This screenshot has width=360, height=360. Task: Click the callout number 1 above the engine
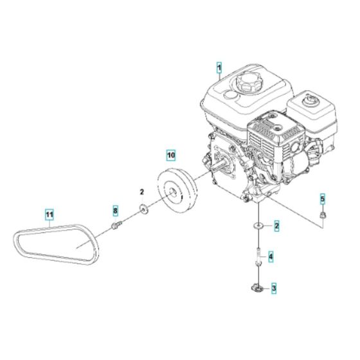coord(219,67)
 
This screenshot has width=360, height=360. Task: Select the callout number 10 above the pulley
coord(170,155)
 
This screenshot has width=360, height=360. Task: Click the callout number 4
coord(271,257)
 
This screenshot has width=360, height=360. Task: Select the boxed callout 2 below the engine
coord(276,226)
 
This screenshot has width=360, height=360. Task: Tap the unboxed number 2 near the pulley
coord(142,192)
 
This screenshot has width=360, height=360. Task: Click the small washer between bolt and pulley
coord(142,208)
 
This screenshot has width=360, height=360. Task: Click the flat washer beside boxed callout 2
coord(259,226)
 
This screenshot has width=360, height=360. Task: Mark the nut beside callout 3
coord(260,287)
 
